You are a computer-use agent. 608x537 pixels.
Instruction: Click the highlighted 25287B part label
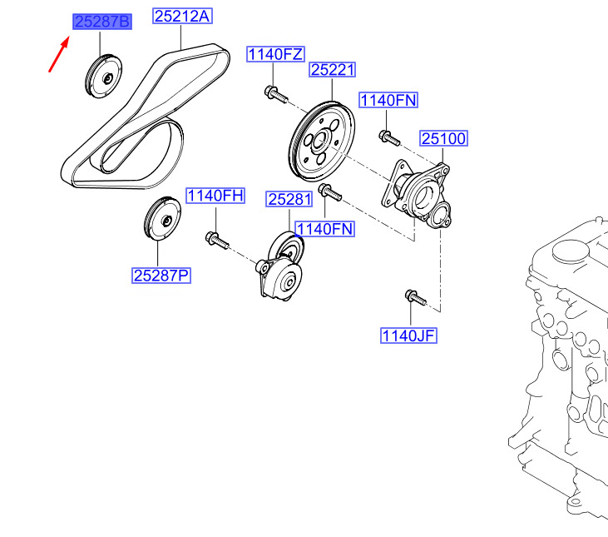click(102, 22)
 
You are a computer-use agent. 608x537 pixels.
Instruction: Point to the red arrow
click(59, 54)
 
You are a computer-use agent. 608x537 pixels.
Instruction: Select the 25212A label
click(182, 16)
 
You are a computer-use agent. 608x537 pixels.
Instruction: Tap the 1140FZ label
click(275, 54)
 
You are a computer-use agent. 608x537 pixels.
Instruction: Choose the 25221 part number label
click(333, 70)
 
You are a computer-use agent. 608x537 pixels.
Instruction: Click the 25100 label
click(443, 138)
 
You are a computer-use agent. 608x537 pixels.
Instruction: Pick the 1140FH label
click(215, 196)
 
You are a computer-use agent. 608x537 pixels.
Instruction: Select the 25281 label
click(289, 199)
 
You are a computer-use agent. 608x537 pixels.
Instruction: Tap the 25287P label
click(161, 276)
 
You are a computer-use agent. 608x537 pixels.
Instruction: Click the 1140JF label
click(408, 336)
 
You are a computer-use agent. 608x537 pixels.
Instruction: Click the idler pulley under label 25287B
click(103, 77)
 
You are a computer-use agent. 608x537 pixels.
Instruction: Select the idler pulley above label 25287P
click(162, 219)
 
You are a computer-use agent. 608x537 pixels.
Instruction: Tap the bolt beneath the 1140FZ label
click(275, 94)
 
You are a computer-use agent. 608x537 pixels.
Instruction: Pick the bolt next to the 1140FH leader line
click(217, 240)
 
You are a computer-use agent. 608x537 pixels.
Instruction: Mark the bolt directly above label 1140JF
click(416, 297)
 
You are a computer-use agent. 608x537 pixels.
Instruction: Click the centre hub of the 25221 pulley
click(321, 141)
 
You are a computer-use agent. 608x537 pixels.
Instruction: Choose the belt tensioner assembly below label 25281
click(280, 266)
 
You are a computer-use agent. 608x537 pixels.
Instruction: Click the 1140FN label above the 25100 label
click(388, 100)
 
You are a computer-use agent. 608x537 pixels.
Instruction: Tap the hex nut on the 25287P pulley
click(167, 221)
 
